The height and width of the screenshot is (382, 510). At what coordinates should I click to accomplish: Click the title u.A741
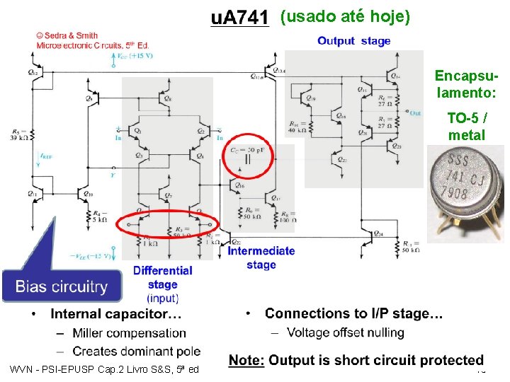[x=241, y=19]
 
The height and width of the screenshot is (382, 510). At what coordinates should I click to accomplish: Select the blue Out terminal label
[x=414, y=112]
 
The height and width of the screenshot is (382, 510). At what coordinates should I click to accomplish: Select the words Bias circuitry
[x=62, y=286]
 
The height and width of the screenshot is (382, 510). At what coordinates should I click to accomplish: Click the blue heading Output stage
[x=353, y=41]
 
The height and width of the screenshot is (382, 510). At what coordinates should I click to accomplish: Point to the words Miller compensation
[x=130, y=332]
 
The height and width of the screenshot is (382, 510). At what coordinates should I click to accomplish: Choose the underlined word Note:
[x=246, y=361]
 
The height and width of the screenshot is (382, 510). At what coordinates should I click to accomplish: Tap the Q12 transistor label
[x=34, y=72]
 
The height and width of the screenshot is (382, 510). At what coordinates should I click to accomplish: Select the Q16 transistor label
[x=241, y=185]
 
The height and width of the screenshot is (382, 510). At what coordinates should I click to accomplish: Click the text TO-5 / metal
[x=466, y=127]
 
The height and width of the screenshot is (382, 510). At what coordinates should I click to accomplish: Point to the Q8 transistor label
[x=168, y=99]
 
